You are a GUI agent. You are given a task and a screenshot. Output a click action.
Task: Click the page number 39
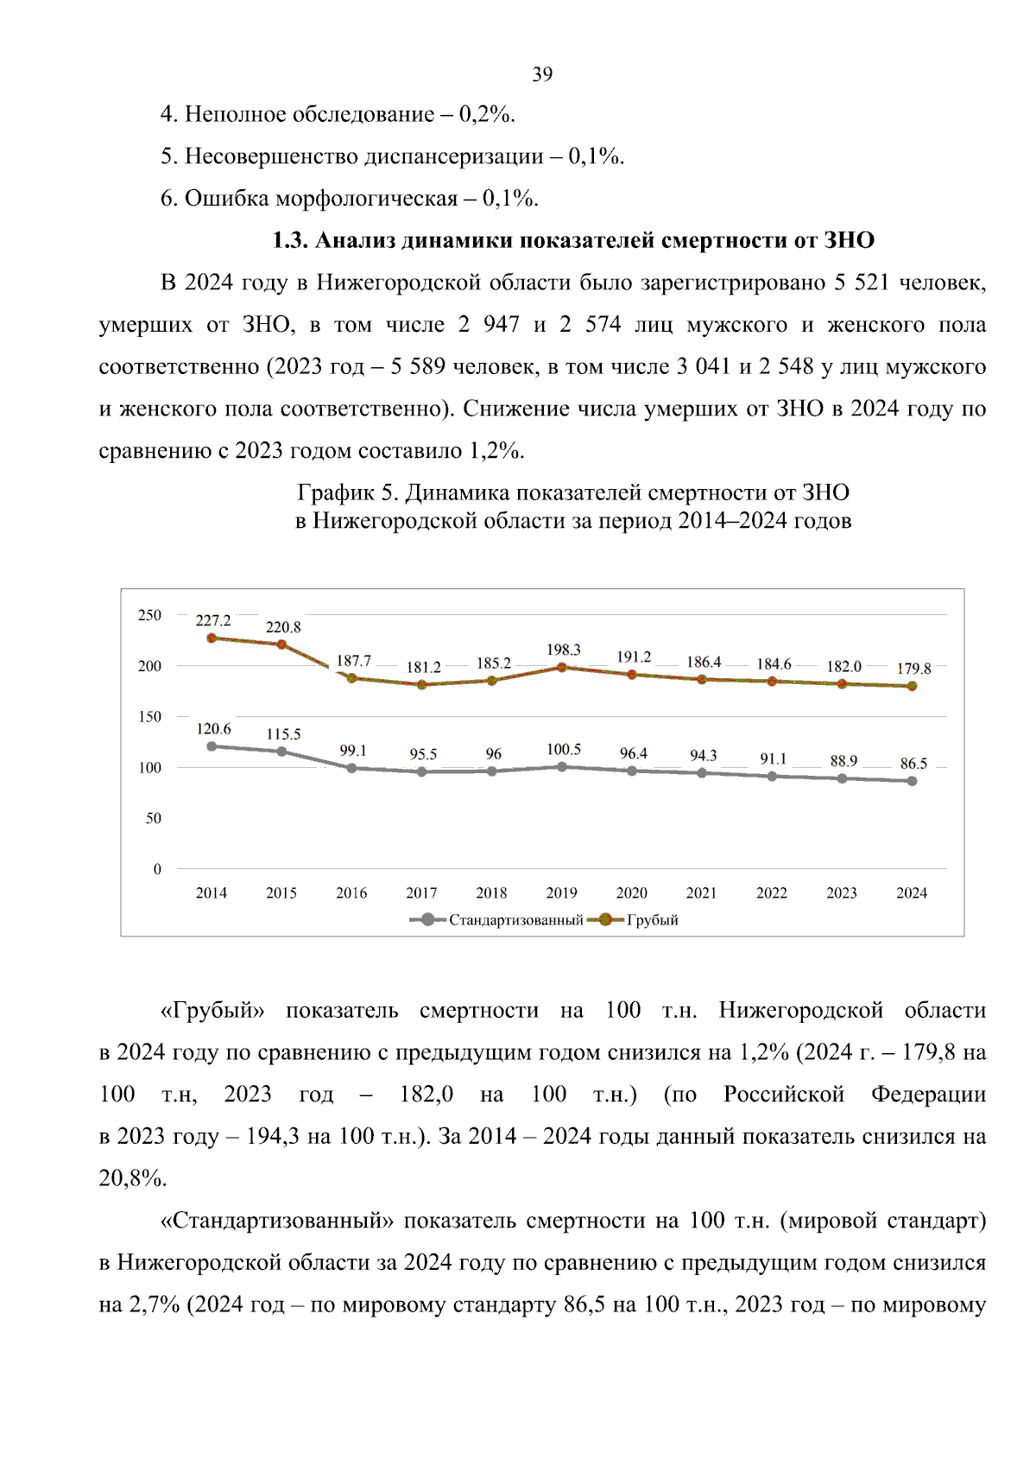[x=542, y=74]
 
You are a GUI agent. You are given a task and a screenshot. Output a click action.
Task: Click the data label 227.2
[x=213, y=620]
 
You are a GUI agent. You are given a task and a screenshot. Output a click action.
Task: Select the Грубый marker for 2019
[x=562, y=667]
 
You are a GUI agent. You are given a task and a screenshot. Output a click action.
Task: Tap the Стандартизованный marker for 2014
[x=212, y=746]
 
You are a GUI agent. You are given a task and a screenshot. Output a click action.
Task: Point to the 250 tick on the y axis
[x=149, y=615]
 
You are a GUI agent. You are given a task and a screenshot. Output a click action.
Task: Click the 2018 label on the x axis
[x=491, y=893]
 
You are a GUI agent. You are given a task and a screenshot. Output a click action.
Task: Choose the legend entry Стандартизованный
[x=515, y=920]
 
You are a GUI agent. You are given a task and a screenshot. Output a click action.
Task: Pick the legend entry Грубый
[x=652, y=920]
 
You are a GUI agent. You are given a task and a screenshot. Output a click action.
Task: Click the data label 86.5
[x=913, y=764]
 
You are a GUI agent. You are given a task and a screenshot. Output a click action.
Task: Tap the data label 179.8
[x=913, y=669]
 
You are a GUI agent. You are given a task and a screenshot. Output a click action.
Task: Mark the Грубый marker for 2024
[x=912, y=686]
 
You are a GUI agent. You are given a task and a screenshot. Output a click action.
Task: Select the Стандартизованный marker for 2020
[x=632, y=771]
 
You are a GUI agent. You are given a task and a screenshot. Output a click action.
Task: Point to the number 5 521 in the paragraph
[x=861, y=282]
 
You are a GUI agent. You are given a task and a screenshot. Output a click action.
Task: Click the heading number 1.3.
[x=290, y=240]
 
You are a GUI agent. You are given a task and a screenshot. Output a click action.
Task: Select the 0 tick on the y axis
[x=157, y=869]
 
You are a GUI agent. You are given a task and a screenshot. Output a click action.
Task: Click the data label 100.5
[x=564, y=749]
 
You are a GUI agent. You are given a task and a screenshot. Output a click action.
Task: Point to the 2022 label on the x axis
[x=771, y=893]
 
